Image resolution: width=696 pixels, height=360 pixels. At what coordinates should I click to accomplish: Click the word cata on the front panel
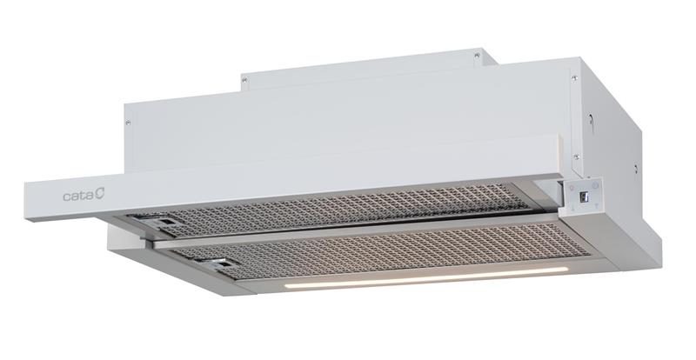(78, 196)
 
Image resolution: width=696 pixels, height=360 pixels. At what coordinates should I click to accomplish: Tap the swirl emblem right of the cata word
(99, 194)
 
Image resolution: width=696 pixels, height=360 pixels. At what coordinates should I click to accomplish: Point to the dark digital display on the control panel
(584, 195)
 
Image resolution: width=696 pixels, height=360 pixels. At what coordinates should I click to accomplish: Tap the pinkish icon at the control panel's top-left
(572, 188)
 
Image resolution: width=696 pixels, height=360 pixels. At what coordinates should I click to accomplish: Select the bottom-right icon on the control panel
(596, 206)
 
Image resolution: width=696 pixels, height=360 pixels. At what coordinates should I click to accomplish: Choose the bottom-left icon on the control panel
(573, 209)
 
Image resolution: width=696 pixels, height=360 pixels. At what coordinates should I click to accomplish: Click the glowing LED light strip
(426, 277)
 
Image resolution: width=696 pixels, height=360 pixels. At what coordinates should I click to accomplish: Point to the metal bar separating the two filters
(355, 230)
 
